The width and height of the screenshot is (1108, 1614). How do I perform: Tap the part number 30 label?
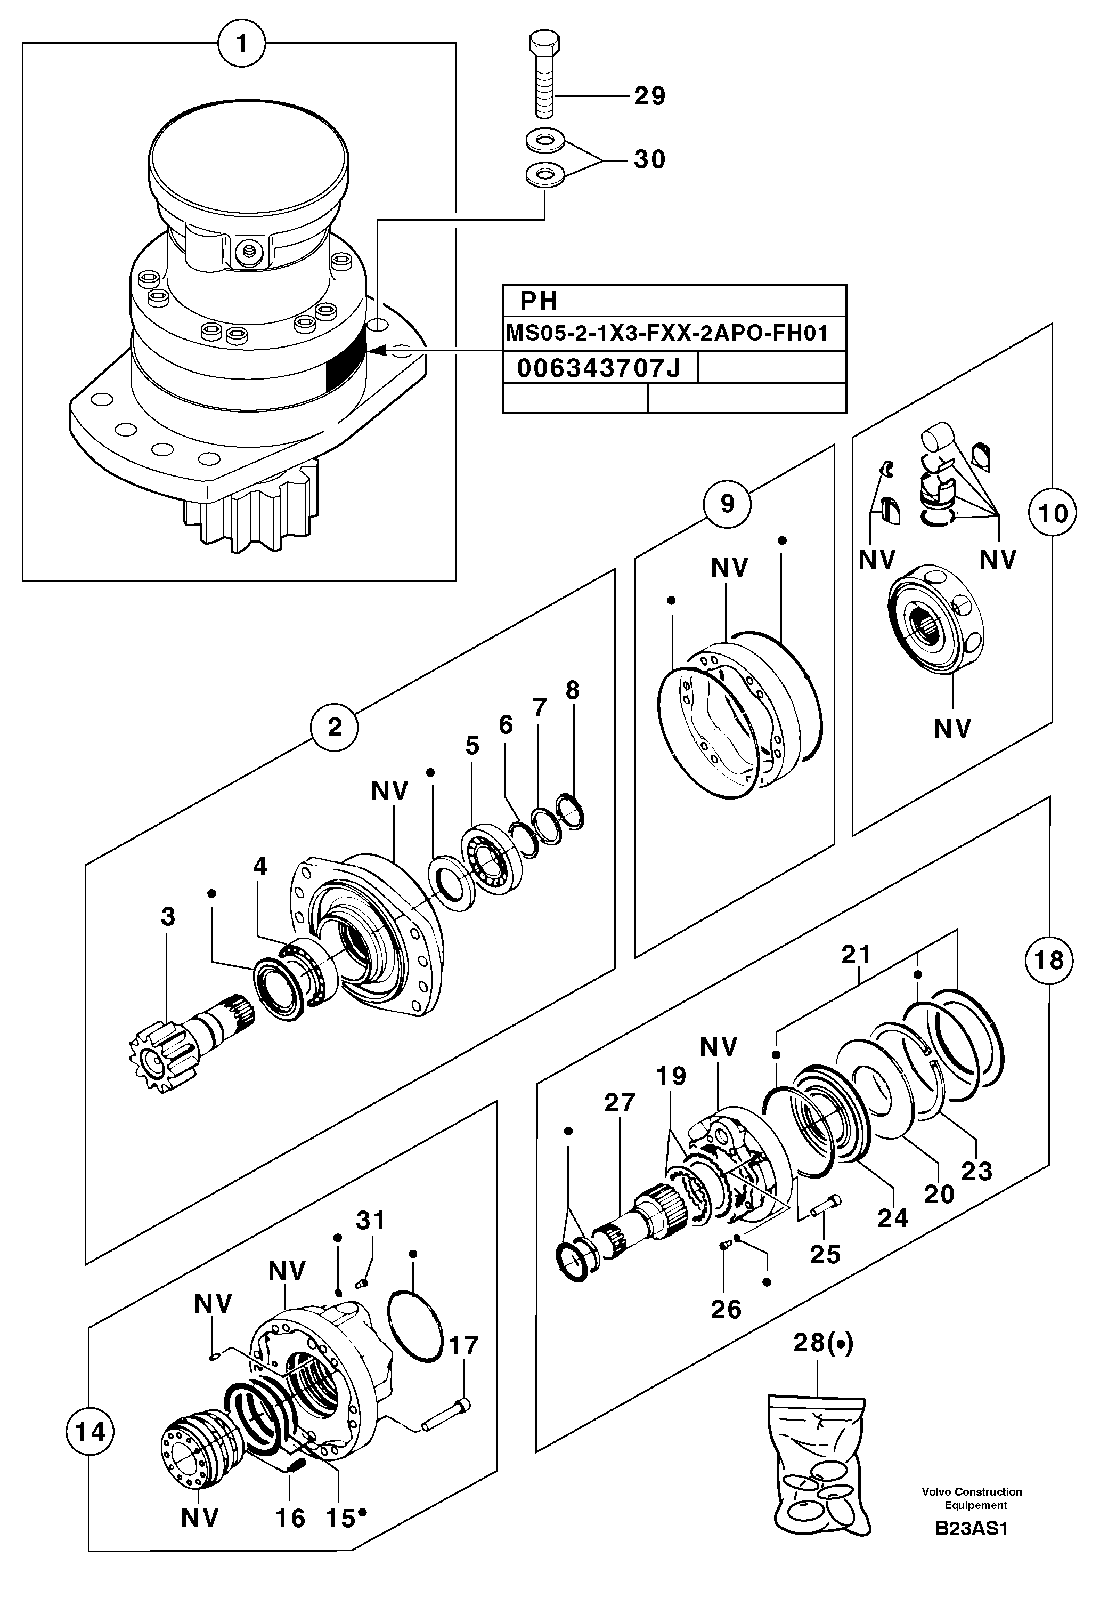[x=649, y=160]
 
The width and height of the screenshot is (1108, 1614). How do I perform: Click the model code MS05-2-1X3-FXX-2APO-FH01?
[x=666, y=333]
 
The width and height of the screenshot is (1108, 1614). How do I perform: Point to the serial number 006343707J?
[x=598, y=368]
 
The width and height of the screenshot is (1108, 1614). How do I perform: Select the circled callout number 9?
[x=727, y=503]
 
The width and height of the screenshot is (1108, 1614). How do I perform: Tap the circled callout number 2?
[x=335, y=727]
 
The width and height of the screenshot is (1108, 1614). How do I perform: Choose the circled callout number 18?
[x=1048, y=961]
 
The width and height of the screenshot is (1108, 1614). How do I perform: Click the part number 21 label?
[x=856, y=955]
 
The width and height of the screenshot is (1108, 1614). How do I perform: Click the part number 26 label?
[x=726, y=1309]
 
